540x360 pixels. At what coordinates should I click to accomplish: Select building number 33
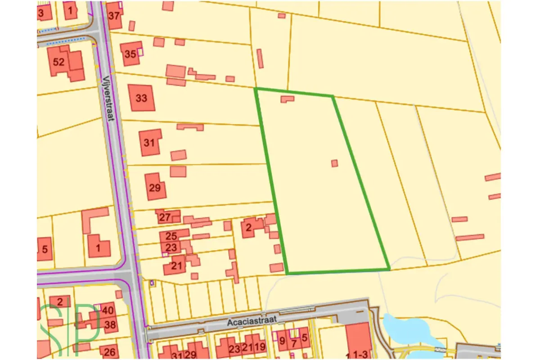click(x=141, y=98)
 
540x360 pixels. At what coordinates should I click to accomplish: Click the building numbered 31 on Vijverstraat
click(x=150, y=143)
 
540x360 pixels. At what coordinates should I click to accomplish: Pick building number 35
click(x=130, y=54)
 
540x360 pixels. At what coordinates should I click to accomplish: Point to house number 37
click(x=115, y=15)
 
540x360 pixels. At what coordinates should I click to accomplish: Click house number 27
click(x=165, y=217)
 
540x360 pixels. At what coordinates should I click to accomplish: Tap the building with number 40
click(x=108, y=310)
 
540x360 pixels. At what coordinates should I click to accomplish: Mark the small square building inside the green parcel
click(x=334, y=163)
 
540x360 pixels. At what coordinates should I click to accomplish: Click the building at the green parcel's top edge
click(x=287, y=99)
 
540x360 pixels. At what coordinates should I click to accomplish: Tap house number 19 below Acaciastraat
click(x=260, y=348)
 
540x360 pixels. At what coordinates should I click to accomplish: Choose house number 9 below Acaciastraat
click(x=282, y=341)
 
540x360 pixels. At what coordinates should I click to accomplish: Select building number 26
click(x=110, y=351)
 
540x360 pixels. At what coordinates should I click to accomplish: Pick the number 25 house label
click(x=171, y=235)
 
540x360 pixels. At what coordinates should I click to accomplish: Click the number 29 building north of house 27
click(x=155, y=187)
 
